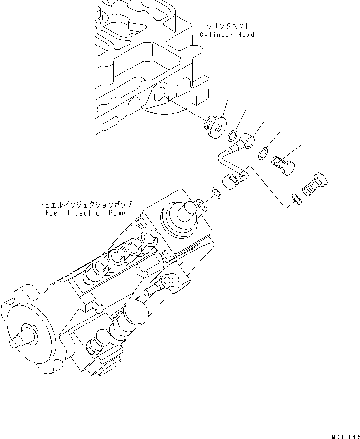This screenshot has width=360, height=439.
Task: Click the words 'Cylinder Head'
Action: point(227,35)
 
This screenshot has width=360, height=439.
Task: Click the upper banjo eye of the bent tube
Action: point(248,142)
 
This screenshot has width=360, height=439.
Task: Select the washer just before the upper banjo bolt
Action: point(264,153)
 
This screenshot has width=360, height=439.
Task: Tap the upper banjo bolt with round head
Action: point(285,164)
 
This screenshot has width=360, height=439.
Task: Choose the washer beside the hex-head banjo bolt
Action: point(296,198)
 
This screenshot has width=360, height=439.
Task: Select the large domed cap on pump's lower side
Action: point(134,311)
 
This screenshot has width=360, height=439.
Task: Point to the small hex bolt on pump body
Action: point(96,307)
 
